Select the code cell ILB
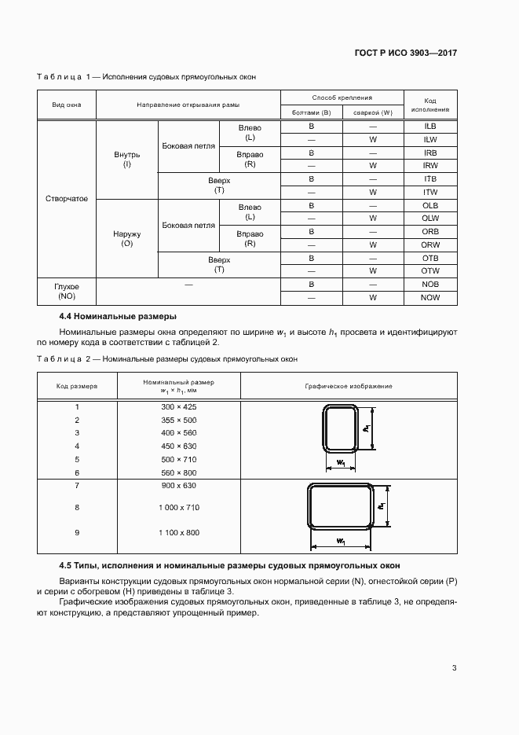tap(430, 127)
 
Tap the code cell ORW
tap(430, 245)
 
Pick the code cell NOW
tap(430, 298)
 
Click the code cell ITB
tap(430, 179)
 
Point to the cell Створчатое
tap(66, 199)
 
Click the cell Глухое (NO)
tap(66, 292)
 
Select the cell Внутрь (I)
tap(126, 160)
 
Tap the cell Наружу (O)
tap(126, 239)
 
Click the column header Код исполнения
tap(430, 105)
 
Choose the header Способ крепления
tap(342, 98)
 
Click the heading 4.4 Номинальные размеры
tap(118, 316)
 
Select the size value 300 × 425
tap(178, 406)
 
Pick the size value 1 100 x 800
tap(178, 533)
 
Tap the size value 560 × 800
tap(178, 472)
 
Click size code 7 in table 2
tap(77, 486)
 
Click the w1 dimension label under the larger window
tap(342, 541)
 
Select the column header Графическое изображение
tap(349, 387)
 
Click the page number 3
tap(455, 668)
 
